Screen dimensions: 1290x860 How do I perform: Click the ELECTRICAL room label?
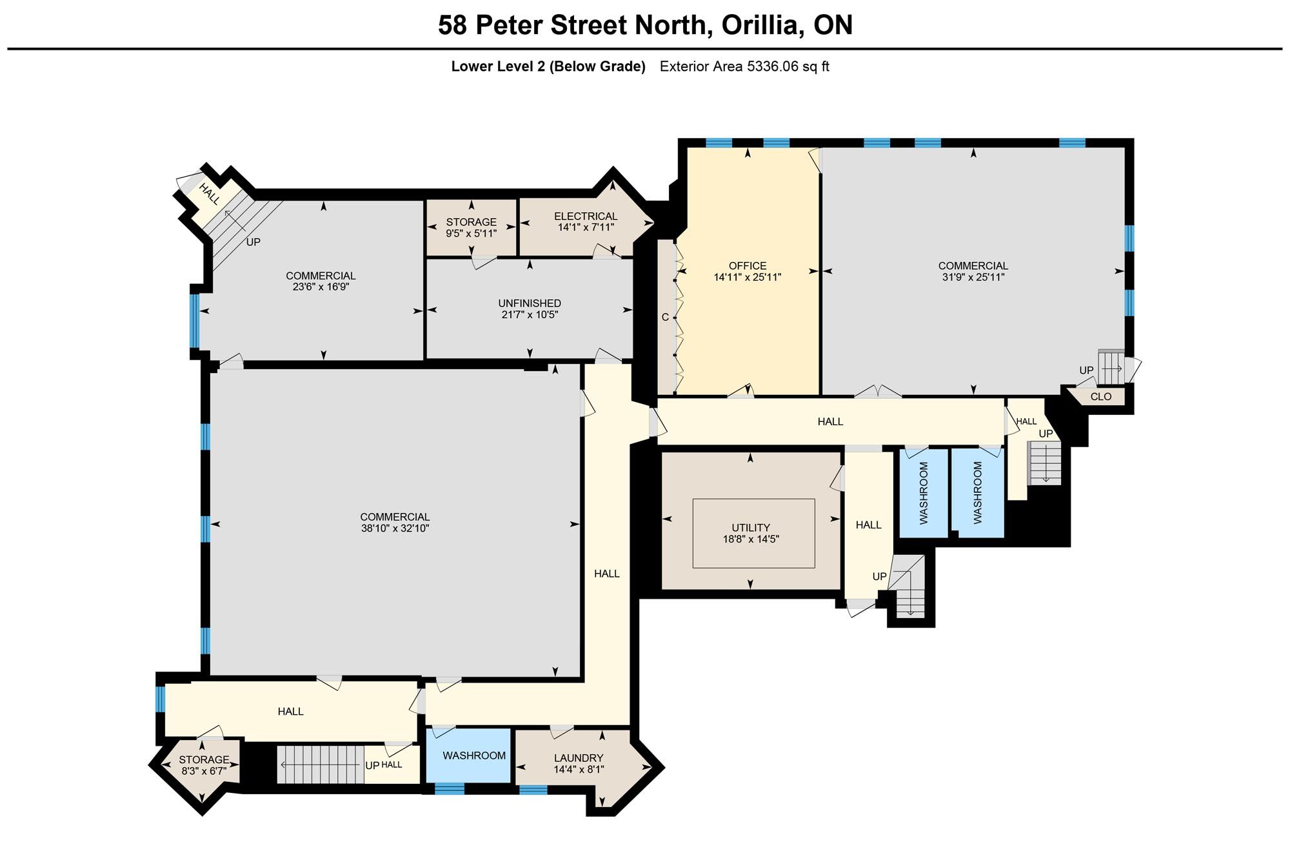point(586,216)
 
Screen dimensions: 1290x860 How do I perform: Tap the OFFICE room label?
point(748,266)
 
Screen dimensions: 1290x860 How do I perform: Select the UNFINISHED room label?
point(530,303)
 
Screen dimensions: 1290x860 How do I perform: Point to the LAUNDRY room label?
point(579,758)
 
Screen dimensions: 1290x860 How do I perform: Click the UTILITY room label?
point(751,528)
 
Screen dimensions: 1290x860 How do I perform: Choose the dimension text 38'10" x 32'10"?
point(395,528)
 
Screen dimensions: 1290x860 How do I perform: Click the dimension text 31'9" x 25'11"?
point(973,277)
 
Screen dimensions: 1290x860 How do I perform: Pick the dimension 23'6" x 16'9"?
point(321,287)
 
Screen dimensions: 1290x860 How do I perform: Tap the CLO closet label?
point(1101,397)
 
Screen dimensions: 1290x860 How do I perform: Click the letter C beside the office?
point(665,317)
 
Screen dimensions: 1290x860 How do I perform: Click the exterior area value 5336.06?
point(773,66)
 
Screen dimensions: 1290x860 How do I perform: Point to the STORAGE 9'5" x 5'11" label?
point(471,228)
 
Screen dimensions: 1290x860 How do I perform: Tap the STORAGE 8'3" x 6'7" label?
point(204,765)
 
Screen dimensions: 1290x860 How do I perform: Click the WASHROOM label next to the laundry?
point(474,755)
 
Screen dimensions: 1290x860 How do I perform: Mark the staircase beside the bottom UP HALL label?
point(321,765)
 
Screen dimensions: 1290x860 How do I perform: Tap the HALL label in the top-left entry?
point(209,193)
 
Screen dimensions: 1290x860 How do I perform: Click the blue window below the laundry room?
point(533,789)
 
